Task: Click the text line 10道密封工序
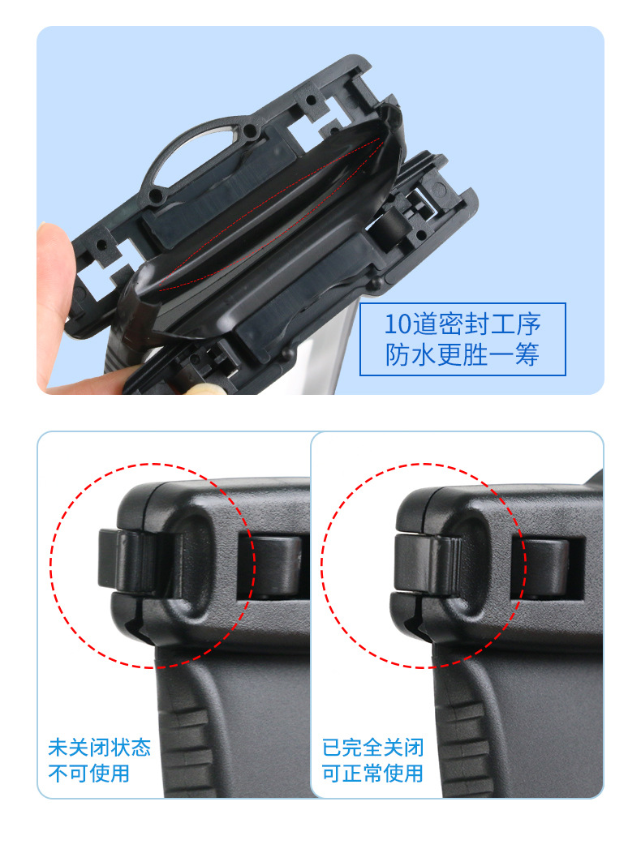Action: (x=462, y=324)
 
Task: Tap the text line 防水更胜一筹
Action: (x=462, y=354)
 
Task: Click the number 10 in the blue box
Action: (x=398, y=324)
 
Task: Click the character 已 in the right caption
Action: (x=332, y=747)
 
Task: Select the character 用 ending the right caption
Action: (x=414, y=773)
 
